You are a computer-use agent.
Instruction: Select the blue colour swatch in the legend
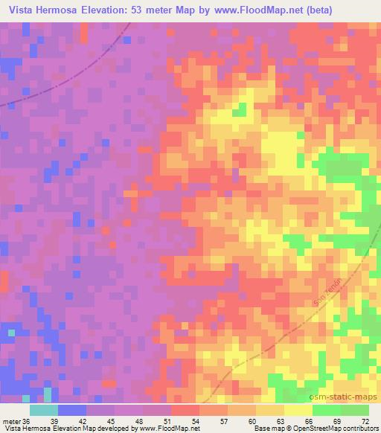coord(71,410)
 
